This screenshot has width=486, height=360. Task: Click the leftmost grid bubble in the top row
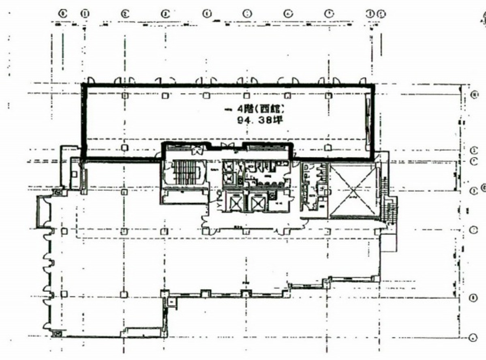(x=62, y=13)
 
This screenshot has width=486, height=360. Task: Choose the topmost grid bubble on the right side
(x=474, y=94)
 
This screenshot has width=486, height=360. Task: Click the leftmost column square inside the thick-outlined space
(x=125, y=96)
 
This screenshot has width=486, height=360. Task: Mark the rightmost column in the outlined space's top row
(x=328, y=96)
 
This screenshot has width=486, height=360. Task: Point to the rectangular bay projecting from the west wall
(x=43, y=211)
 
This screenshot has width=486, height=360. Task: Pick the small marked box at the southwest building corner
(x=56, y=334)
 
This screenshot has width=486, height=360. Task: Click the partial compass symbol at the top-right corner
(x=482, y=18)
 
